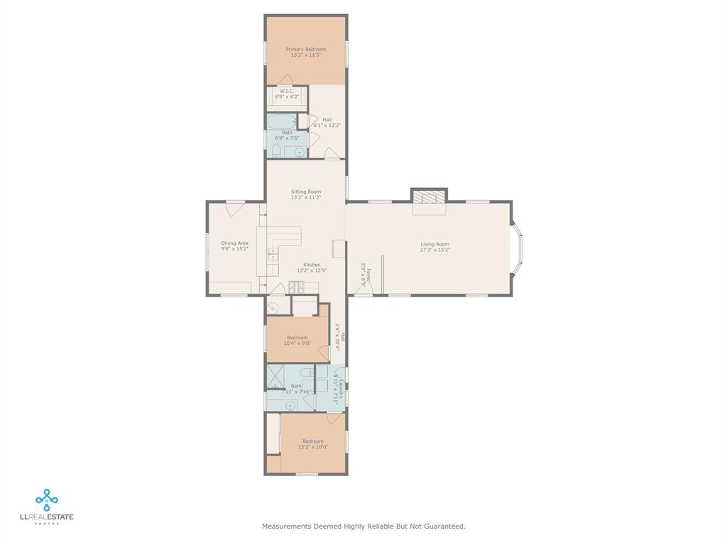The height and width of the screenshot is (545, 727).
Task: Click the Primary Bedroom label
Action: click(x=306, y=49)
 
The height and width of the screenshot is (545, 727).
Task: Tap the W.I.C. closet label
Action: click(x=287, y=91)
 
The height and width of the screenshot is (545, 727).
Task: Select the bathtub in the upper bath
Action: click(x=282, y=121)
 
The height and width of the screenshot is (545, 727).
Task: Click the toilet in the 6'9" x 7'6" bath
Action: click(x=276, y=150)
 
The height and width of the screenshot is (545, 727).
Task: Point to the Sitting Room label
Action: click(x=305, y=192)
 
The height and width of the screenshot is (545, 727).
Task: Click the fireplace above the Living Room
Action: click(x=429, y=196)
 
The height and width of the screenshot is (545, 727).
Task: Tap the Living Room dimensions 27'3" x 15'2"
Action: click(x=435, y=250)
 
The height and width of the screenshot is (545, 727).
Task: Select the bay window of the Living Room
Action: click(x=518, y=248)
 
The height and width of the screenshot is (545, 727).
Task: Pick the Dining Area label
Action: click(x=234, y=243)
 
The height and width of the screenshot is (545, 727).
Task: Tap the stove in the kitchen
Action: click(x=296, y=287)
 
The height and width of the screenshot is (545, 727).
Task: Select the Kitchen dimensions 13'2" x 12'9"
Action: click(x=311, y=270)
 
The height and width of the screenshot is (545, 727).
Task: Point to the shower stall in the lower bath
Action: click(x=275, y=375)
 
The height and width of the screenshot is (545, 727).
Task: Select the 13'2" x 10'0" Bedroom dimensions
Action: click(x=312, y=447)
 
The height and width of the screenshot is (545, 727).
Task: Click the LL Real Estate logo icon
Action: click(x=47, y=500)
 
